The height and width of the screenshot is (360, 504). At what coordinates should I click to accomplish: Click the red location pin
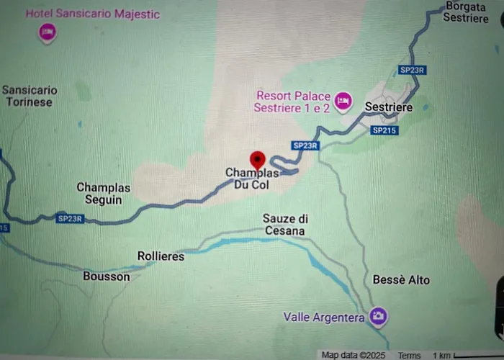(x=257, y=160)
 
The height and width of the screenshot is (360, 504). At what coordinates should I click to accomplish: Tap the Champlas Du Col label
(x=251, y=179)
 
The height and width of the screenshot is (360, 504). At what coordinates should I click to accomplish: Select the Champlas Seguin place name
(x=104, y=193)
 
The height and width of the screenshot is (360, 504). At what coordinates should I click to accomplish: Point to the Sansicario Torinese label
(x=30, y=96)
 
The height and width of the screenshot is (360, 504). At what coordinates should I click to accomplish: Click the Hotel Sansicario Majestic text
(x=93, y=14)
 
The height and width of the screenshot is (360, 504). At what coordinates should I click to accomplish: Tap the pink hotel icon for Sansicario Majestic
(x=48, y=32)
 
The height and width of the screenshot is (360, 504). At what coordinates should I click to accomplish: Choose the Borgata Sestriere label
(x=466, y=12)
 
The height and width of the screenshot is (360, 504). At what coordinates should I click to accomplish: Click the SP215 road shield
(x=384, y=130)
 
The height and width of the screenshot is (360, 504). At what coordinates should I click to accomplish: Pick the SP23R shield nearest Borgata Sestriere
(x=413, y=70)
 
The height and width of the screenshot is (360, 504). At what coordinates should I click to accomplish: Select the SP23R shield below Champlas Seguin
(x=71, y=218)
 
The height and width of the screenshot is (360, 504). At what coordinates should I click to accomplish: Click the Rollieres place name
(x=161, y=256)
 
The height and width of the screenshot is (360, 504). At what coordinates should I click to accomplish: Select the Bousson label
(x=106, y=276)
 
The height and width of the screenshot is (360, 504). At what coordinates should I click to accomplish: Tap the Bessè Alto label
(x=401, y=279)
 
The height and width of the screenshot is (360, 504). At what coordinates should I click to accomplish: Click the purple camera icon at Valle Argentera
(x=377, y=316)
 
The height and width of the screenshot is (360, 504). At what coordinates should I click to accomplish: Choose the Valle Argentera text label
(x=323, y=317)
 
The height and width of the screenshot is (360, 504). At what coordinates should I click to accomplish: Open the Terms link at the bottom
(x=409, y=355)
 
